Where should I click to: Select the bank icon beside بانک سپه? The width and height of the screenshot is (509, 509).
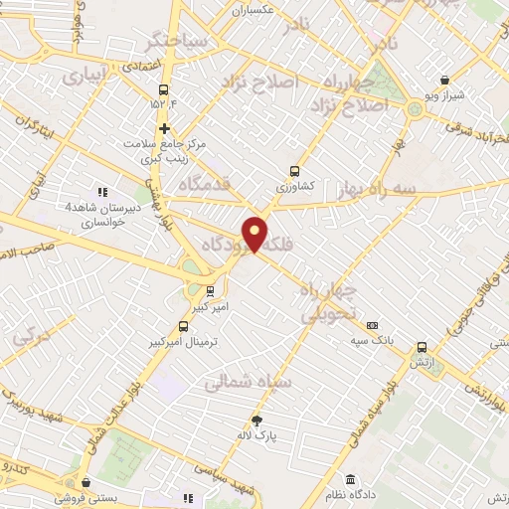point(372,325)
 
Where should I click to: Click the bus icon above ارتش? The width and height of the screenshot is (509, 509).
point(424,347)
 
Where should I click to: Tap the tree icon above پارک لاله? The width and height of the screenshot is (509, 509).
point(256,421)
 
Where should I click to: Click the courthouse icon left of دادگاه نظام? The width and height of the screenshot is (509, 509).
point(351,478)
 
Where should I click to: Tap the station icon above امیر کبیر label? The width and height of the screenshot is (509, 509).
point(209,290)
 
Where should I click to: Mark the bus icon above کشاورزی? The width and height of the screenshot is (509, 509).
point(294,170)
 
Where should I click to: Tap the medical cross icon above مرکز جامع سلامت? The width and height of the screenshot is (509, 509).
point(165,128)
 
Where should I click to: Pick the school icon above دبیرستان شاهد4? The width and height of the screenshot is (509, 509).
point(101,192)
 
